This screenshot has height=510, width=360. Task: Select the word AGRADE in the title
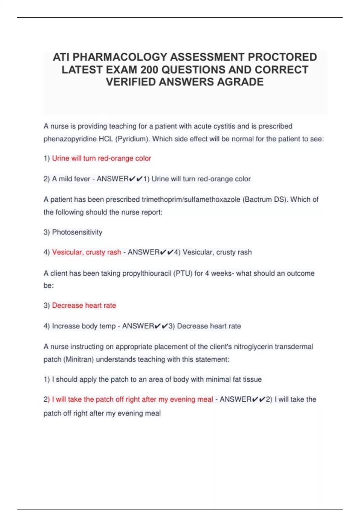(240, 82)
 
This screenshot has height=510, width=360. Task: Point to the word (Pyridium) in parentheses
(132, 139)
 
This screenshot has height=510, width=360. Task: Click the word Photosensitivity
(77, 232)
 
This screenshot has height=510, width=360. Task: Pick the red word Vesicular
(67, 252)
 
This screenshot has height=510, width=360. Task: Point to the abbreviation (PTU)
(183, 274)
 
